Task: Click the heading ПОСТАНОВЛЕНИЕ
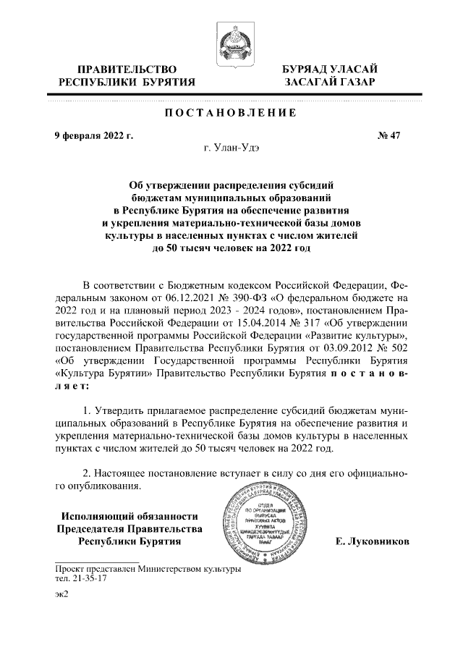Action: click(231, 113)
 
